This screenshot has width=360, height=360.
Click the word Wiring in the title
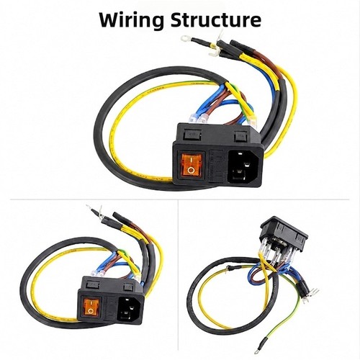pyautogui.click(x=132, y=20)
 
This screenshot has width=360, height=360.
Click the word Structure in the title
pyautogui.click(x=216, y=19)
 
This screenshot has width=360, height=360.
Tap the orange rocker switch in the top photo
pyautogui.click(x=191, y=164)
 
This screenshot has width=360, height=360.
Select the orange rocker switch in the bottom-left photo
pyautogui.click(x=90, y=306)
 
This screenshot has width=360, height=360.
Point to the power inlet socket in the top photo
pyautogui.click(x=243, y=167)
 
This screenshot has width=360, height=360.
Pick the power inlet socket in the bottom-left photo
pyautogui.click(x=129, y=308)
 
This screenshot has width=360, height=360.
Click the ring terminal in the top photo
pyautogui.click(x=185, y=37)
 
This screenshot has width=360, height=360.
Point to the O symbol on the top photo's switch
pyautogui.click(x=192, y=170)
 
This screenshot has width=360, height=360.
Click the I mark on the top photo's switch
pyautogui.click(x=191, y=159)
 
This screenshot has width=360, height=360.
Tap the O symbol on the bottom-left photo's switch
pyautogui.click(x=91, y=311)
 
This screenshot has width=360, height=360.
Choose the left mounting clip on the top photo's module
pyautogui.click(x=192, y=135)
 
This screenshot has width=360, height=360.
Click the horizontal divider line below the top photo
pyautogui.click(x=179, y=199)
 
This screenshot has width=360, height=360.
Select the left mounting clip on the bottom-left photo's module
pyautogui.click(x=92, y=285)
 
